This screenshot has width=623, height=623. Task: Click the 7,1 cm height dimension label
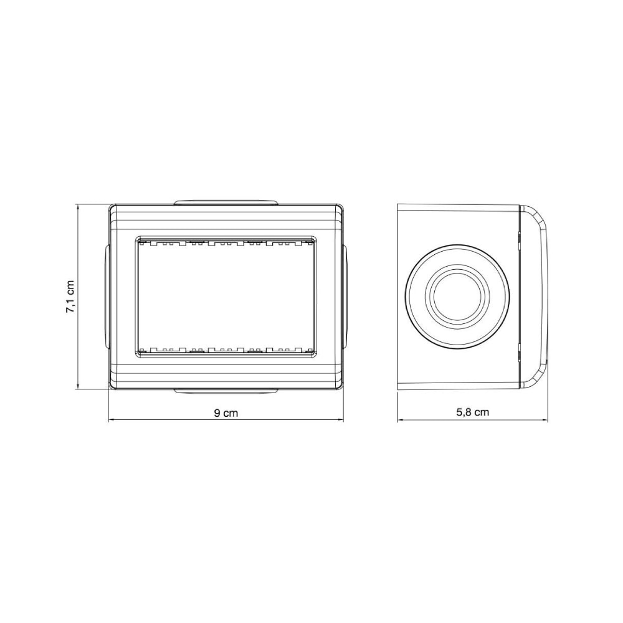point(70,297)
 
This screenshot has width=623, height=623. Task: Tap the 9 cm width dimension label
point(226,413)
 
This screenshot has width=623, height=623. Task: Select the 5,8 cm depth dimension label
point(472,412)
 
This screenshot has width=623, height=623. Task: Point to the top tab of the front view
point(226,202)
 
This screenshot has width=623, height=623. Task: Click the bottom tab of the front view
point(226,391)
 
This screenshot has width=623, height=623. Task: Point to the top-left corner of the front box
point(109,205)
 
